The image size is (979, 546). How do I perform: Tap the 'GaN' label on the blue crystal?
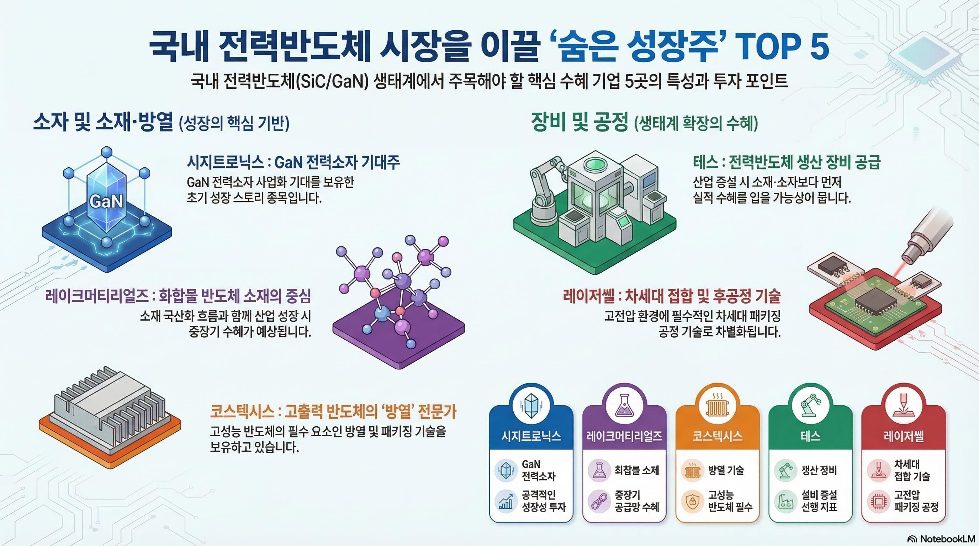coord(106,201)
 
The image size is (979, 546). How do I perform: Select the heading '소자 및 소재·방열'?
coord(103,122)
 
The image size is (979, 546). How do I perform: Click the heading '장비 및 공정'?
coord(579,122)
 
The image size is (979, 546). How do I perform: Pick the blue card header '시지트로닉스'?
coord(531,435)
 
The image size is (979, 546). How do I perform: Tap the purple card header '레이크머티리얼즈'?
coord(624,435)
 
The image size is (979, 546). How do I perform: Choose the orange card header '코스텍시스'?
coord(717,435)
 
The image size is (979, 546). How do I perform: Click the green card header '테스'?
coord(810,435)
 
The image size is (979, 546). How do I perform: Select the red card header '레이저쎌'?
coord(903,435)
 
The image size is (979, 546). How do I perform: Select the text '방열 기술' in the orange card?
coord(725,470)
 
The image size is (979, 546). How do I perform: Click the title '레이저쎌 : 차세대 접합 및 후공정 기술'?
coord(672,296)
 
